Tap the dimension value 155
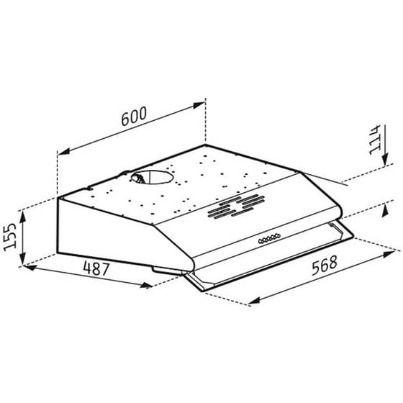pyautogui.click(x=9, y=235)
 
